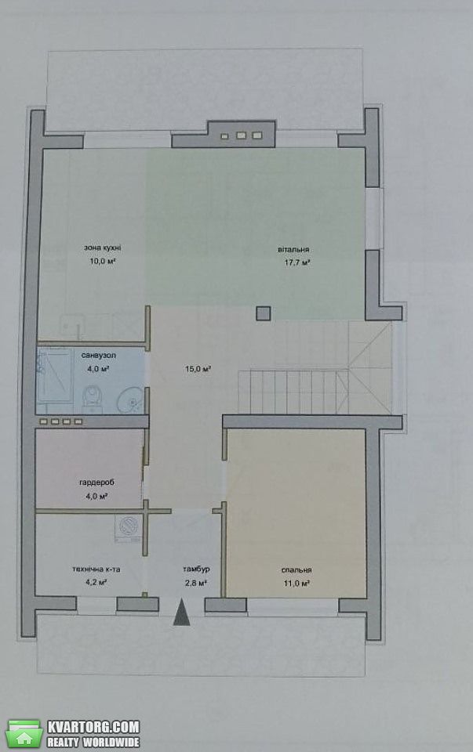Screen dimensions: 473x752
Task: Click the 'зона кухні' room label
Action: (102, 248)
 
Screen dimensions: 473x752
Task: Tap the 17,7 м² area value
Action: (297, 263)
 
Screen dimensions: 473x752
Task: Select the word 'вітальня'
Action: (293, 249)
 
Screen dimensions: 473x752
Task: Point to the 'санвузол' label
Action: (98, 356)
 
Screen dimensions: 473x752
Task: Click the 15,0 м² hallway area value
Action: (198, 369)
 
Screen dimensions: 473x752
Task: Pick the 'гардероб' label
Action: (97, 483)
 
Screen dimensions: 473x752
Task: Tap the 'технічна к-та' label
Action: (96, 569)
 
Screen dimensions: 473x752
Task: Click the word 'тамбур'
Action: (196, 569)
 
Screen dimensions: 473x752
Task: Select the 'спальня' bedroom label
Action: (297, 569)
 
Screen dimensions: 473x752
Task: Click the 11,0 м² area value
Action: (297, 584)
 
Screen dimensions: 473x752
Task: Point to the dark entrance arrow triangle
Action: (181, 613)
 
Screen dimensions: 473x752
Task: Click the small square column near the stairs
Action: (263, 313)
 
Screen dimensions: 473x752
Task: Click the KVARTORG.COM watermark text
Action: (93, 727)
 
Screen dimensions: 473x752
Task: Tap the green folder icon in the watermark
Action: (25, 734)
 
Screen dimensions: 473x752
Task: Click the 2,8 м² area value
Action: (195, 583)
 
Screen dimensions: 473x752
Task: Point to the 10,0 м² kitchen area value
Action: (102, 262)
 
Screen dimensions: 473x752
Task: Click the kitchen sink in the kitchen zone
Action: (72, 326)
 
